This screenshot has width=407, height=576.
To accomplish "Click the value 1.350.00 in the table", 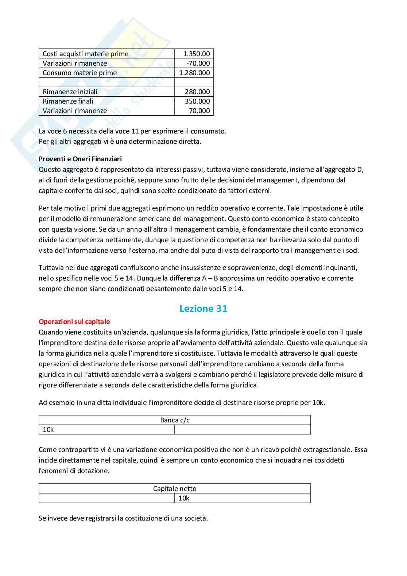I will click(196, 54).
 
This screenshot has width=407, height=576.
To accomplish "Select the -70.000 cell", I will click(198, 63).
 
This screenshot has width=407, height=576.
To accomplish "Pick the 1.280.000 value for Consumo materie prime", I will click(194, 73).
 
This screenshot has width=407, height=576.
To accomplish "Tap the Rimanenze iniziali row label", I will click(70, 92).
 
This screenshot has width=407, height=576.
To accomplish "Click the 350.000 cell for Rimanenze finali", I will click(197, 101).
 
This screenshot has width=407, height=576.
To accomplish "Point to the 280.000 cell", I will click(197, 92).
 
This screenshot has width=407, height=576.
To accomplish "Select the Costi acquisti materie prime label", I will click(85, 54).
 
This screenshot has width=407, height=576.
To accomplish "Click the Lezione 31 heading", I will click(203, 309).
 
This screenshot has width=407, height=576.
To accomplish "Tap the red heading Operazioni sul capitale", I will click(74, 321).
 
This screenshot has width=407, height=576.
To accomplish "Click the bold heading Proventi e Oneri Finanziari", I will click(80, 159).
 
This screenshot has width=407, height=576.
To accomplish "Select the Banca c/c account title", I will click(175, 420).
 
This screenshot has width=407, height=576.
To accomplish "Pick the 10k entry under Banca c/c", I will click(48, 429).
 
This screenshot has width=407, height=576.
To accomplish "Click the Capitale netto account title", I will click(175, 488).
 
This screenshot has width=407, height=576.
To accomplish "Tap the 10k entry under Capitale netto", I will click(184, 498).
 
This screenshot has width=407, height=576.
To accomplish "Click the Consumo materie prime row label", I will click(80, 73).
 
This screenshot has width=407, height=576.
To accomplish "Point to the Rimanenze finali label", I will click(68, 101).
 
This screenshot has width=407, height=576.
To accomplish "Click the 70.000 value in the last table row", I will click(199, 111).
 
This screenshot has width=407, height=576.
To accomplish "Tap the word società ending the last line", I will click(196, 518).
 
